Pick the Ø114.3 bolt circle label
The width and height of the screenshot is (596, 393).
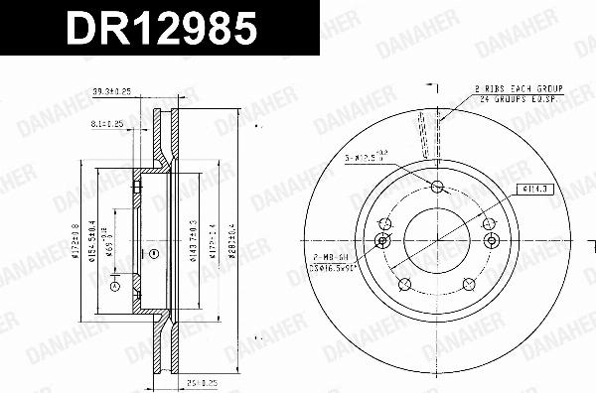(x=529, y=187)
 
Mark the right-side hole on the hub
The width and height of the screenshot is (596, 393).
(x=489, y=240)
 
